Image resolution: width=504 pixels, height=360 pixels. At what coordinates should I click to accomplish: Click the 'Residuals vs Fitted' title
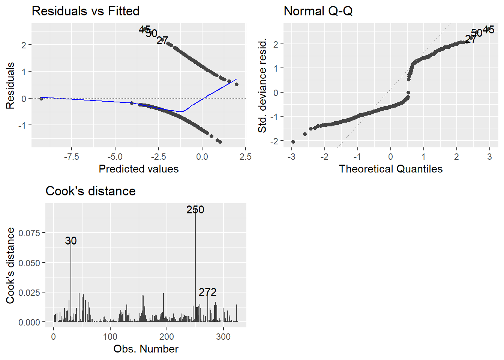(85, 11)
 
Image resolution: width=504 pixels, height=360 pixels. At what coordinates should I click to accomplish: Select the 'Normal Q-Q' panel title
(318, 11)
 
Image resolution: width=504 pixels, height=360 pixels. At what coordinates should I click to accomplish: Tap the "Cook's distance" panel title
(90, 191)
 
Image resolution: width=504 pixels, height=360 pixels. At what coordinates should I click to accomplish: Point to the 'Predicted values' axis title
(138, 169)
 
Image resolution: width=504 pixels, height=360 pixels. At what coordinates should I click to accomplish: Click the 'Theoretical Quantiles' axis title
(390, 169)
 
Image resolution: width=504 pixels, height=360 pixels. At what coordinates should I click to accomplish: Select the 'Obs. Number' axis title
(146, 349)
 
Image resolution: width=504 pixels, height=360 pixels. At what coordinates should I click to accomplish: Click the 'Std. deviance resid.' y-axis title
(262, 85)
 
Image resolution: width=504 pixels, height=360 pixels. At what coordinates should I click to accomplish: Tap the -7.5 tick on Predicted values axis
(71, 157)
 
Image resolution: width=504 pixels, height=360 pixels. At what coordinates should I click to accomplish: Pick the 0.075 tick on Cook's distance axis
(29, 233)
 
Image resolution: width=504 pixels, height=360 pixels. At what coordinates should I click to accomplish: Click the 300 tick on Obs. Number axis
(223, 337)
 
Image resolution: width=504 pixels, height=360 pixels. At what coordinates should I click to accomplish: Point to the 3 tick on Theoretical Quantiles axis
(489, 157)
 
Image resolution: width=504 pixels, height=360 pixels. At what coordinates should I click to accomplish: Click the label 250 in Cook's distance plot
(195, 210)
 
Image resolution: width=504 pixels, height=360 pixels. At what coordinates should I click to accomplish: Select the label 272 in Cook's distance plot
(208, 292)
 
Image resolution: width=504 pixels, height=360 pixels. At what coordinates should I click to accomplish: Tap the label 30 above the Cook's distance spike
(71, 241)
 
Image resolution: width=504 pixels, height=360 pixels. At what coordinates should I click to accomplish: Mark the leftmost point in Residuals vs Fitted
(41, 98)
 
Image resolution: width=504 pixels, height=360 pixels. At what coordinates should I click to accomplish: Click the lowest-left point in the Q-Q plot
(293, 142)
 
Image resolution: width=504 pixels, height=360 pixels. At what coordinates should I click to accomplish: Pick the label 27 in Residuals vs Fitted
(162, 40)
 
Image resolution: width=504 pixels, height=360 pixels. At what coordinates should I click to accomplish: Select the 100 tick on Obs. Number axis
(110, 337)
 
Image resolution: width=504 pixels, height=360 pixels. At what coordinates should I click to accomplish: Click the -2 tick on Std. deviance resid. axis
(276, 141)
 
